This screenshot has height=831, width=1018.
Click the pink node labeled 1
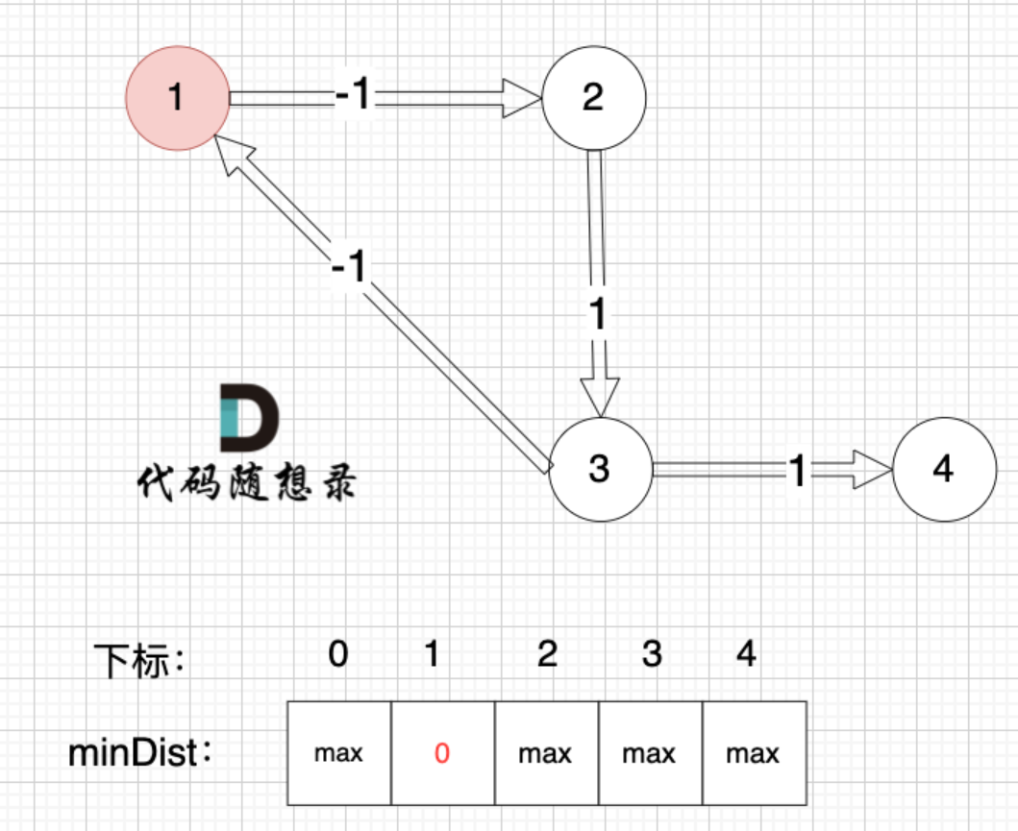[178, 98]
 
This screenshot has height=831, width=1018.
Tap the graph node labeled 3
[600, 470]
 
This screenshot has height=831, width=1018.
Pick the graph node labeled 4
[944, 470]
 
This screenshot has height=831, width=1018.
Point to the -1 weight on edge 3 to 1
[348, 267]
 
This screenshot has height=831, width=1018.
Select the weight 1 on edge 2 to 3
[598, 315]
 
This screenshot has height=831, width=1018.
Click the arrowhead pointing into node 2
[524, 97]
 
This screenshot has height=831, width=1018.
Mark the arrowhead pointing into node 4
[875, 470]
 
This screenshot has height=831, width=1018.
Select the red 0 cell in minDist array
[442, 753]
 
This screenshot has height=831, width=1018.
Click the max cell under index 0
[339, 753]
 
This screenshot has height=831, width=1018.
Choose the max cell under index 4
[754, 753]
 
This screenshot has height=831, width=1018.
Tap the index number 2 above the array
[547, 655]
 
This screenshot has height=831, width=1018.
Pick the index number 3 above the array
[652, 655]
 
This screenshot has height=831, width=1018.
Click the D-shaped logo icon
[249, 419]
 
